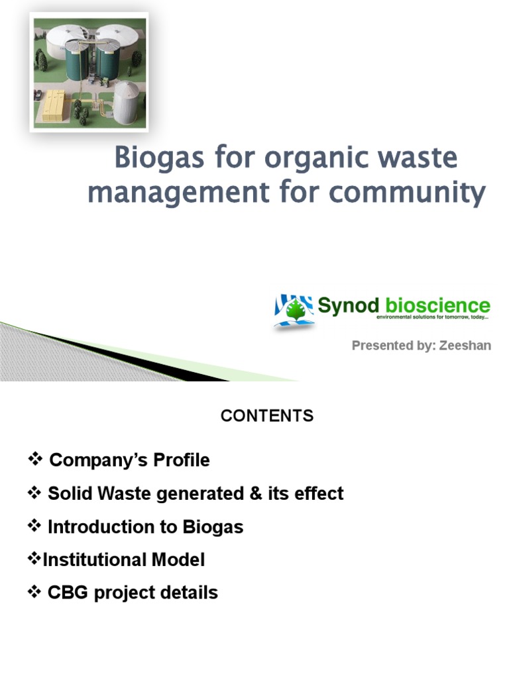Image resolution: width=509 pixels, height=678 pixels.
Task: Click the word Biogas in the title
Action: [x=159, y=159]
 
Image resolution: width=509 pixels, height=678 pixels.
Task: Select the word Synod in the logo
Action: [x=349, y=306]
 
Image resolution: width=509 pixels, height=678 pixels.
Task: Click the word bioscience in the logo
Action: [x=437, y=305]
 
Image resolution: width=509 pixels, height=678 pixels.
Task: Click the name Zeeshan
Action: [x=465, y=346]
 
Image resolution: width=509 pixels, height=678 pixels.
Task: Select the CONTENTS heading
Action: [x=267, y=416]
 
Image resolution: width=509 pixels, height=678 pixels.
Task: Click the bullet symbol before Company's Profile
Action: [x=34, y=458]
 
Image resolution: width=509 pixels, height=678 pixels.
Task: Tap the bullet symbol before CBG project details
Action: [x=34, y=591]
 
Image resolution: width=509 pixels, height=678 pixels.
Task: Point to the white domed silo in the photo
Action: [x=125, y=102]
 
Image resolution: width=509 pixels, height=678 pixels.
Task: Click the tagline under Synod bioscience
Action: [x=432, y=317]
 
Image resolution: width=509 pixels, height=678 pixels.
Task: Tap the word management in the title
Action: [x=179, y=193]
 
